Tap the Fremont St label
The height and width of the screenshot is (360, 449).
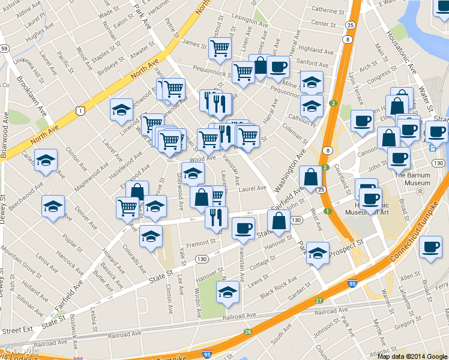[x=200, y=242]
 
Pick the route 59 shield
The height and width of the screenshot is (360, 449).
[x=4, y=48]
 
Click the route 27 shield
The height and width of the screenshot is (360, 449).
[x=319, y=300]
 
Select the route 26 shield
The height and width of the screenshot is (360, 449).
[x=247, y=331]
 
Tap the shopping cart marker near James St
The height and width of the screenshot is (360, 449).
[x=220, y=47]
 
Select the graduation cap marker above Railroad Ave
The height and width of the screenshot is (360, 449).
[x=228, y=292]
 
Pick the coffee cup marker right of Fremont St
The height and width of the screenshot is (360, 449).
[x=243, y=227]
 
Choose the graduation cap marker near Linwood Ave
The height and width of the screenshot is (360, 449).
[x=121, y=109]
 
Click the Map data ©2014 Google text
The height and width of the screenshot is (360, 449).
[x=413, y=356]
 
